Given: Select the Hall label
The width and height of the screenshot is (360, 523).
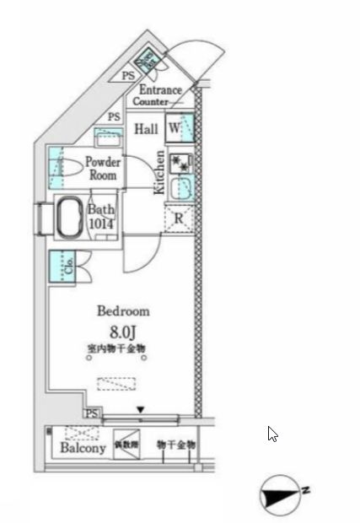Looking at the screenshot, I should (x=147, y=129).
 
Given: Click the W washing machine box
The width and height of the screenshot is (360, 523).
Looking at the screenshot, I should (x=174, y=128).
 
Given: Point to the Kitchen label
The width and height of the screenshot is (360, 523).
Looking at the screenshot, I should (x=159, y=172).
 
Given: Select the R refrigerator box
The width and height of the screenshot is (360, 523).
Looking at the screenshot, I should (x=179, y=218).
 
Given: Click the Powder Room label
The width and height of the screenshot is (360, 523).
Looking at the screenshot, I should (x=103, y=169).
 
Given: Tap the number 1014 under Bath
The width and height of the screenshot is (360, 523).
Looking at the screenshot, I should (x=100, y=224).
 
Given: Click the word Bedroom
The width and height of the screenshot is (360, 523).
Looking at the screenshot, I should (x=122, y=310).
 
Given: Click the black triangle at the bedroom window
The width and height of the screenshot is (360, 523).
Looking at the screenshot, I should (x=141, y=410).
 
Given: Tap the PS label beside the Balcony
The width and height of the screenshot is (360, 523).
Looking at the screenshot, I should (x=93, y=412).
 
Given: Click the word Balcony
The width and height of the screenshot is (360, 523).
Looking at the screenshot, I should (x=83, y=448).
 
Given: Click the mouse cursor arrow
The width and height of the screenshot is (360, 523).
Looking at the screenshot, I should (x=272, y=434).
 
